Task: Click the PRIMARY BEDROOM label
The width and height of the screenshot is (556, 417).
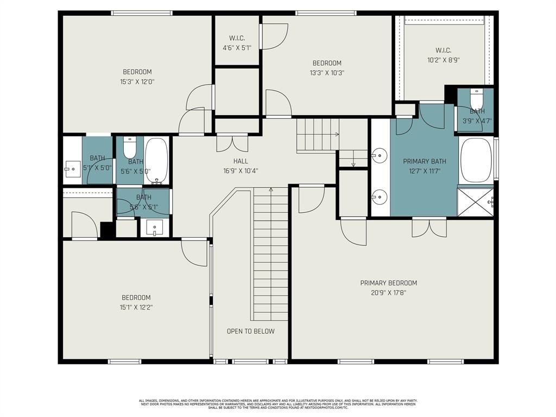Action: (x=388, y=283)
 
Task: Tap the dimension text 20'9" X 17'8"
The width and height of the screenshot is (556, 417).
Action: (x=388, y=293)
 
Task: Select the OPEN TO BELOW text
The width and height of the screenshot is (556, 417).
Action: (x=250, y=331)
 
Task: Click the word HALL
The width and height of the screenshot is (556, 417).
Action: (x=241, y=161)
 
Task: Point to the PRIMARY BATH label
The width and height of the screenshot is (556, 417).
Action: (x=424, y=161)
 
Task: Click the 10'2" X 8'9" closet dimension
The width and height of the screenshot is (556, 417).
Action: (x=444, y=60)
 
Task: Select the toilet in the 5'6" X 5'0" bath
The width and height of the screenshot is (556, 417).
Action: (x=130, y=147)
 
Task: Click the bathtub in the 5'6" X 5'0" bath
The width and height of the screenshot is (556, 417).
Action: (x=157, y=161)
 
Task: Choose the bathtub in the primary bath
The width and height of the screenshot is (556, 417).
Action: (x=476, y=160)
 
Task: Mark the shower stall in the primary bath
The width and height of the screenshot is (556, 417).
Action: (x=475, y=202)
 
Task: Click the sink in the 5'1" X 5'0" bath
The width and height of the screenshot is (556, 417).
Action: (x=72, y=169)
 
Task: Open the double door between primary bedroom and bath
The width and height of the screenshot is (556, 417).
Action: (x=429, y=227)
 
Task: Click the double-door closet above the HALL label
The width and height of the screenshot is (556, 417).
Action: (x=233, y=143)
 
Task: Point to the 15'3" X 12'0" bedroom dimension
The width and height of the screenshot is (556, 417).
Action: (x=137, y=82)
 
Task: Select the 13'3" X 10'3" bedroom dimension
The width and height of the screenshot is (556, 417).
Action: (x=326, y=73)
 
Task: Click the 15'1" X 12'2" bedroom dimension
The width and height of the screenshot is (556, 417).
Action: (x=136, y=307)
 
